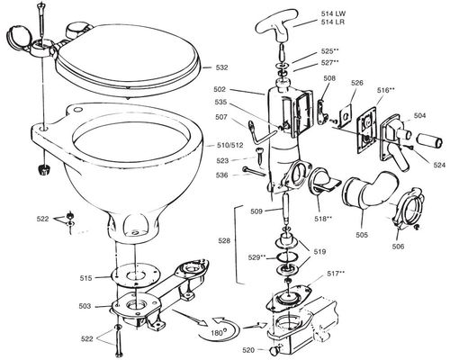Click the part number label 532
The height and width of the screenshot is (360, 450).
(x=221, y=67)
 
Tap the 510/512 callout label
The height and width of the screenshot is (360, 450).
(x=230, y=146)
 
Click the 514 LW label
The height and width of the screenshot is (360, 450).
(x=333, y=13)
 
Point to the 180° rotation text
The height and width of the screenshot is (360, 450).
(x=217, y=333)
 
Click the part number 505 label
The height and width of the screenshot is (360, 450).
(x=362, y=235)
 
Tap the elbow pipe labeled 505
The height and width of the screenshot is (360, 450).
(x=371, y=191)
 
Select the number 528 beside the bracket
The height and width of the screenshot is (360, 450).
(x=224, y=240)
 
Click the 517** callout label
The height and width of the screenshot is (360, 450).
(x=336, y=274)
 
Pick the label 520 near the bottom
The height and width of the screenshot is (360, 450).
(x=248, y=350)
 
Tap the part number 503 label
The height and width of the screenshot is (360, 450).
(x=85, y=306)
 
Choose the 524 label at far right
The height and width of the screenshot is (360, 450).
(x=439, y=165)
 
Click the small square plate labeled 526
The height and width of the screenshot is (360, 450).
(x=346, y=115)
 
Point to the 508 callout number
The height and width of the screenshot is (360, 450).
(x=329, y=78)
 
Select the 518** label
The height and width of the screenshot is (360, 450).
(x=323, y=219)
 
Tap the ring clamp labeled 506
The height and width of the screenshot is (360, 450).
(x=406, y=209)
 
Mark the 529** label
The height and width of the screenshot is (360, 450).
(x=257, y=257)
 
